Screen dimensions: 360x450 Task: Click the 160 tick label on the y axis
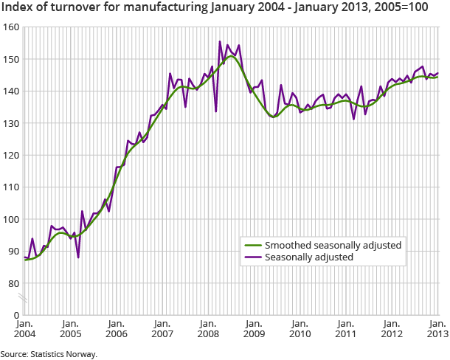(x=10, y=27)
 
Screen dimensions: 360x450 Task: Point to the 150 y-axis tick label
(x=10, y=59)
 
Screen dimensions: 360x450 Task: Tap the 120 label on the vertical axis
(x=10, y=156)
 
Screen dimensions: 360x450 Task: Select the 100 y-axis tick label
(x=10, y=220)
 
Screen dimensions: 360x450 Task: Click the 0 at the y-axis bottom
(x=15, y=316)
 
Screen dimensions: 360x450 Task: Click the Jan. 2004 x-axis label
(x=24, y=329)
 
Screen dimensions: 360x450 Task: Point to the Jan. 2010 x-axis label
(x=300, y=329)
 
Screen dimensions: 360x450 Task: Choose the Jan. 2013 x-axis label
(x=437, y=329)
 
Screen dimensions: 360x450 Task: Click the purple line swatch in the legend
(x=253, y=258)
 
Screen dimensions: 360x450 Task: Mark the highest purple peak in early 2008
(x=220, y=41)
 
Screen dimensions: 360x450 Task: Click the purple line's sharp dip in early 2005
(x=78, y=257)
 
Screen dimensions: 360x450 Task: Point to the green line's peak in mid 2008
(x=231, y=56)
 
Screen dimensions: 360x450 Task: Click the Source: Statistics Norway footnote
(x=49, y=354)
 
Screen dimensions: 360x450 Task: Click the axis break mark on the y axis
(x=24, y=300)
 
